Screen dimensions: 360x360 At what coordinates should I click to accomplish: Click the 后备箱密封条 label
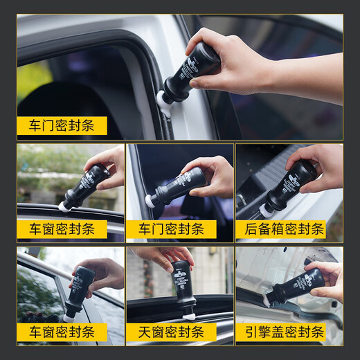[x=289, y=230]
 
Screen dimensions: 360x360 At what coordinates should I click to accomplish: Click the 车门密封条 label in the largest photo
[x=62, y=126]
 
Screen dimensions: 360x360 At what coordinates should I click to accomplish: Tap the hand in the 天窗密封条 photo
[x=166, y=257]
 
